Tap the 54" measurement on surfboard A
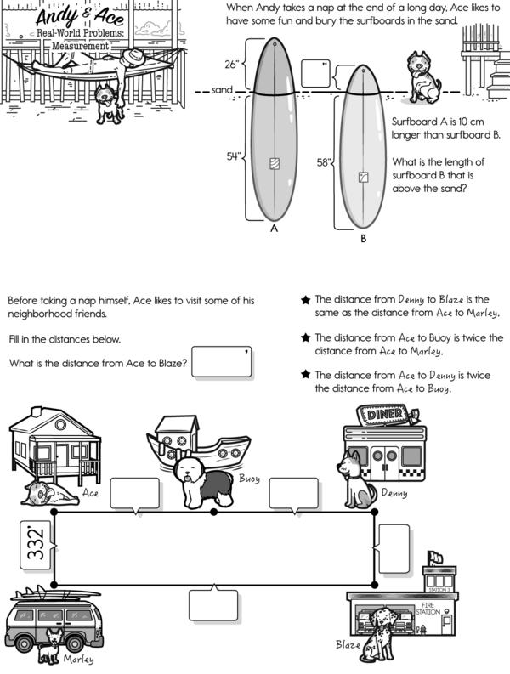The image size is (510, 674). click(234, 156)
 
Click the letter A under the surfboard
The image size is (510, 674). click(273, 229)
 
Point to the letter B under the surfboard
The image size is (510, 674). click(363, 239)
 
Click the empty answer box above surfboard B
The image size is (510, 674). click(314, 73)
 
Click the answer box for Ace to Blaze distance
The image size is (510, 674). click(222, 361)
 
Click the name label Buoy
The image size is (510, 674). click(248, 479)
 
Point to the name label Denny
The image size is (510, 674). click(394, 492)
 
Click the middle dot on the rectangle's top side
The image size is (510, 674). click(213, 512)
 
